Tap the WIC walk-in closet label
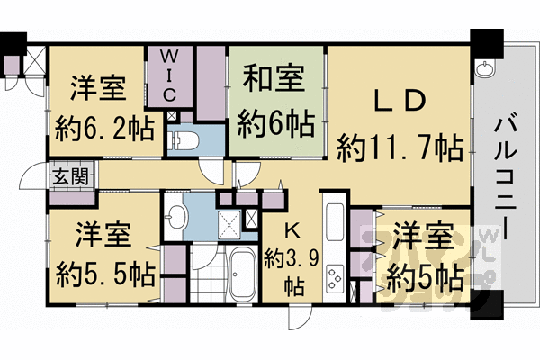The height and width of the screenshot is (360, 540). pos(170,74)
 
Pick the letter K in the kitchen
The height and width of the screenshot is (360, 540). pos(292,229)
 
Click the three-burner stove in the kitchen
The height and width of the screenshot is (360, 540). pos(335,277)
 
